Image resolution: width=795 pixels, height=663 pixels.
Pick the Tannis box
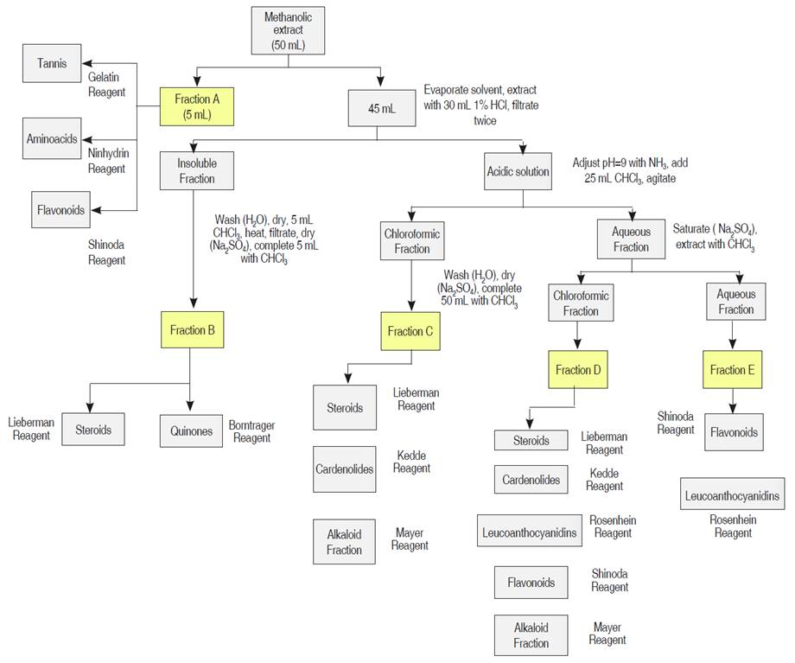(x=52, y=63)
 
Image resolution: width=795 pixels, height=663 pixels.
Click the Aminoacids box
(x=53, y=138)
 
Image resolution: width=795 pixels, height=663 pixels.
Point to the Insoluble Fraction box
(x=196, y=171)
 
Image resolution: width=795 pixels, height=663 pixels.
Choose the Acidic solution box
(x=518, y=172)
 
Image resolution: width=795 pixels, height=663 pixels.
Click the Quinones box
(x=192, y=431)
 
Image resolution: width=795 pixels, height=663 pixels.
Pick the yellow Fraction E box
(x=733, y=370)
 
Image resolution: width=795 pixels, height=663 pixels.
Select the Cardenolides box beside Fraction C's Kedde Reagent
(x=344, y=469)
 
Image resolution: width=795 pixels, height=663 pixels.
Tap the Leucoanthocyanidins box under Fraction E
(x=732, y=495)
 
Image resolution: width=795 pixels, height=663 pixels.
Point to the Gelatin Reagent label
(x=107, y=85)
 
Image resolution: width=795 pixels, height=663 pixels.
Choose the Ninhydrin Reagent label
(x=107, y=161)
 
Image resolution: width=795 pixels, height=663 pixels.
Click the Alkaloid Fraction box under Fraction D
(x=531, y=635)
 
